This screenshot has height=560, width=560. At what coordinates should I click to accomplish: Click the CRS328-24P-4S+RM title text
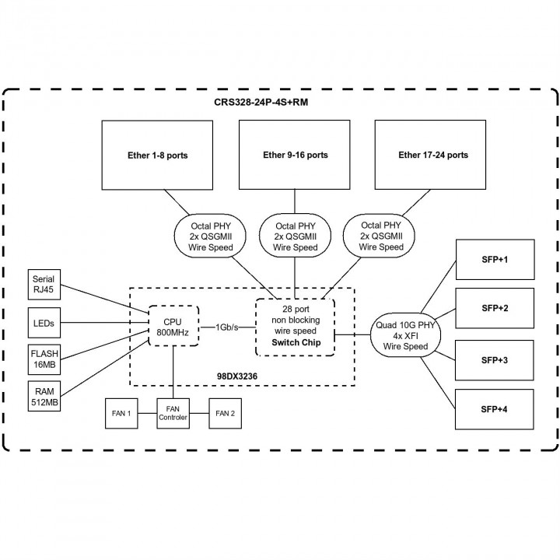pyautogui.click(x=279, y=103)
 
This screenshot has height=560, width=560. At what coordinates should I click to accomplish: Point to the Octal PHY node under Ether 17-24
pyautogui.click(x=382, y=236)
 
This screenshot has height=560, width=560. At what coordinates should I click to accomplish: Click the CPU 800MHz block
pyautogui.click(x=173, y=327)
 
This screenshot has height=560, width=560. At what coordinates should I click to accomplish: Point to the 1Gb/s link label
pyautogui.click(x=227, y=327)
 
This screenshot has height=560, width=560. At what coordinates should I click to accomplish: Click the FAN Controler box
pyautogui.click(x=173, y=412)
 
